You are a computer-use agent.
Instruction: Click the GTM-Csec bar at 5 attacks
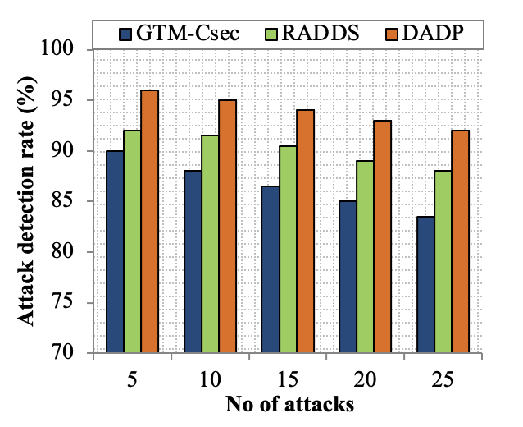(115, 251)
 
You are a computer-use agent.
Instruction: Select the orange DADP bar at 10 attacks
(228, 226)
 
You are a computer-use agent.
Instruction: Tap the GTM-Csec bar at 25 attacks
(425, 284)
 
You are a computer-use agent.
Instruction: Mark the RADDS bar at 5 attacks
(132, 241)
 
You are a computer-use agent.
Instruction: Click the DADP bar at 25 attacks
(460, 241)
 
